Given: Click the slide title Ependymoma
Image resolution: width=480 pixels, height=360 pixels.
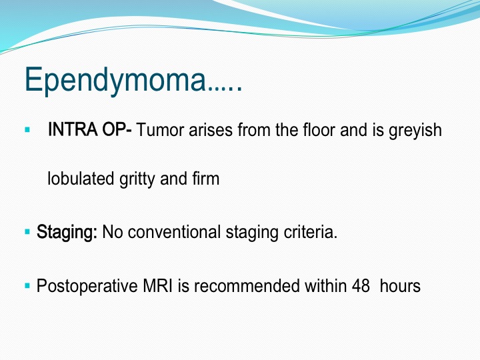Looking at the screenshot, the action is tap(133, 79).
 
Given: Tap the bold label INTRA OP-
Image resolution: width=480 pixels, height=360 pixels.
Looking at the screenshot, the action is tap(90, 129).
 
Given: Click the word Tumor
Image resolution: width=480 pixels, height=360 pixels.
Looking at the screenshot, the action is tap(160, 129).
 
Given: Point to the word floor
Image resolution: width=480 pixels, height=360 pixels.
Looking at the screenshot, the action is tap(319, 129).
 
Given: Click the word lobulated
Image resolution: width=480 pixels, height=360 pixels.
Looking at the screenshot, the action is tap(81, 179).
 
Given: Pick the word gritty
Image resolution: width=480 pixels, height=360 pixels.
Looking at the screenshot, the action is tap(137, 180).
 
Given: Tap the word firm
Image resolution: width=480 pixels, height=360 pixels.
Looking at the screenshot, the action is tap(206, 178).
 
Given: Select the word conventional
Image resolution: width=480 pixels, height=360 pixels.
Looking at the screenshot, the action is tap(174, 232).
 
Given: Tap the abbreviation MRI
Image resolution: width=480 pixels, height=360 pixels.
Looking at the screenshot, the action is tap(157, 286).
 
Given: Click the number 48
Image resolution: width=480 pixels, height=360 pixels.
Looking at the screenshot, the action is tap(361, 286).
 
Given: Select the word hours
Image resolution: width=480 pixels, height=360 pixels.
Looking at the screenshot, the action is tap(400, 286).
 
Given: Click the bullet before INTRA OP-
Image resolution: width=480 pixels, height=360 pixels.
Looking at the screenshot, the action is tap(27, 130).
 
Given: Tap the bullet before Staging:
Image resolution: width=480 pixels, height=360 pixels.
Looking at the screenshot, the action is tap(27, 232).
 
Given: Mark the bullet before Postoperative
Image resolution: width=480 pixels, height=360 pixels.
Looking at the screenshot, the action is tap(27, 286).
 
